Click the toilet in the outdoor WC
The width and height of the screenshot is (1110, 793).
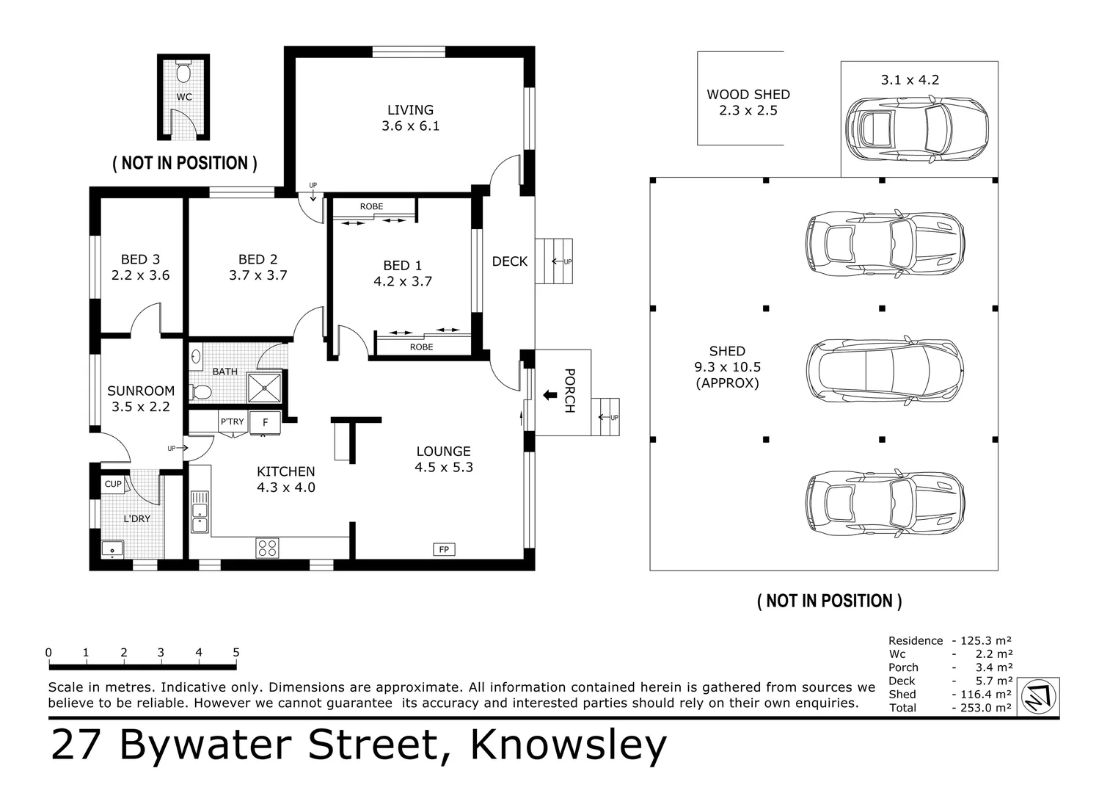183,72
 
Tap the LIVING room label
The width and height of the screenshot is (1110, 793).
410,110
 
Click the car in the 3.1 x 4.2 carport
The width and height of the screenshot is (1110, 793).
917,130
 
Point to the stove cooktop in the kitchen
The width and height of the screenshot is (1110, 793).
267,548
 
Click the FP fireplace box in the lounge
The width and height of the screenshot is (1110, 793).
443,549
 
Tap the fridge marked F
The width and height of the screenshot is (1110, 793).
265,423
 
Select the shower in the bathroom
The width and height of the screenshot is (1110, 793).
264,388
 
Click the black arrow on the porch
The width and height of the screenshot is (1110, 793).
549,396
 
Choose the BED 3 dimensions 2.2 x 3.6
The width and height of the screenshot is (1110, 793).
140,275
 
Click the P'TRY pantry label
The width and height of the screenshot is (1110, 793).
232,421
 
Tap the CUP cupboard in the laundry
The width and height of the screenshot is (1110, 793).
113,484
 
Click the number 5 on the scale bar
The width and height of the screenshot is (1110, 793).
236,652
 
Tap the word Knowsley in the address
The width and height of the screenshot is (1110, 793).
568,745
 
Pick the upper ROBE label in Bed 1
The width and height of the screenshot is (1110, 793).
371,206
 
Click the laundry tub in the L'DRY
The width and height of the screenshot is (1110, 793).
112,548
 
